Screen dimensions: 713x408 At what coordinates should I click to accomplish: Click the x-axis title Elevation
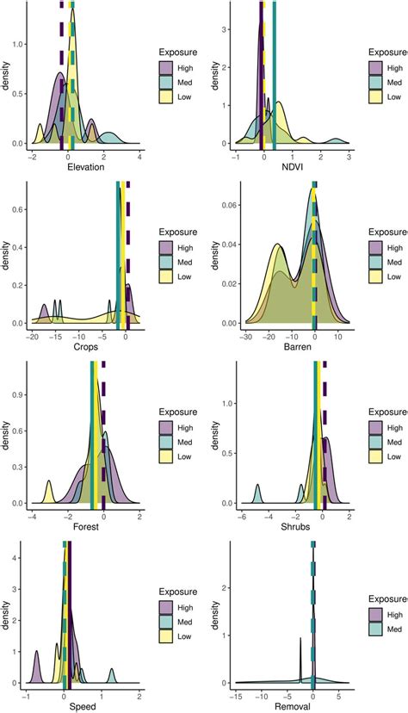tap(84, 167)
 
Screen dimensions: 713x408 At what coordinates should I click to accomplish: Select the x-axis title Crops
tap(79, 348)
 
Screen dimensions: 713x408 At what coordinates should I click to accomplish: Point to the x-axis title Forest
tap(84, 527)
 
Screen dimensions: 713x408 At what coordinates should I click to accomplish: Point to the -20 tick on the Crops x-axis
tap(32, 336)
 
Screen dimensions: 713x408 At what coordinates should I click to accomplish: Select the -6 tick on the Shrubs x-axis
tap(243, 515)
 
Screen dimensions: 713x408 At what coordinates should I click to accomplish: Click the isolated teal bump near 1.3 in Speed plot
tap(111, 673)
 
